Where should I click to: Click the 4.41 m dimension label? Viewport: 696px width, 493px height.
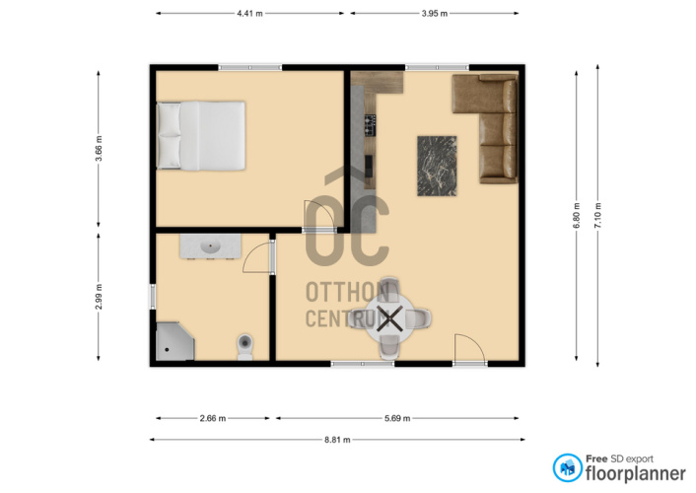pyautogui.click(x=249, y=14)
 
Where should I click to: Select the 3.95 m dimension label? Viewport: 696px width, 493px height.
pyautogui.click(x=435, y=14)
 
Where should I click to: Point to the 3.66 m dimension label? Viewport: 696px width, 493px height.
pyautogui.click(x=99, y=148)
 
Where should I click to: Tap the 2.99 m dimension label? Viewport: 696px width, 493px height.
pyautogui.click(x=99, y=297)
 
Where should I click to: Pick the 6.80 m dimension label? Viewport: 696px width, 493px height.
pyautogui.click(x=577, y=216)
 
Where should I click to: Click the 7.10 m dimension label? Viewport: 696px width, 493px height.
pyautogui.click(x=597, y=216)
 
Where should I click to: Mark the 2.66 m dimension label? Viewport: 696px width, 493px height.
pyautogui.click(x=213, y=418)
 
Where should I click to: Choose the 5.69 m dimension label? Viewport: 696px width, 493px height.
pyautogui.click(x=397, y=418)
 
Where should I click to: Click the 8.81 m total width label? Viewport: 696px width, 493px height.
pyautogui.click(x=337, y=440)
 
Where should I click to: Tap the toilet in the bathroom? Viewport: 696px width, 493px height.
pyautogui.click(x=245, y=347)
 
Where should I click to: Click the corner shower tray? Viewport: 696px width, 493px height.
pyautogui.click(x=174, y=341)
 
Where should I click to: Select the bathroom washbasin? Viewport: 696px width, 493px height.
pyautogui.click(x=210, y=246)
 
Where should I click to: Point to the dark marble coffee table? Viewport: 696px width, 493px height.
pyautogui.click(x=437, y=166)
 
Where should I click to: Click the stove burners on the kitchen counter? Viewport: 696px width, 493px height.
pyautogui.click(x=371, y=125)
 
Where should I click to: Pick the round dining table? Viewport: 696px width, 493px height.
pyautogui.click(x=390, y=318)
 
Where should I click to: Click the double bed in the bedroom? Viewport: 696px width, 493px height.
pyautogui.click(x=201, y=135)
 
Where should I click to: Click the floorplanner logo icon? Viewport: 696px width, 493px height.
pyautogui.click(x=567, y=467)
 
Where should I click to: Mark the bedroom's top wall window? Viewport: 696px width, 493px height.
pyautogui.click(x=249, y=67)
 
